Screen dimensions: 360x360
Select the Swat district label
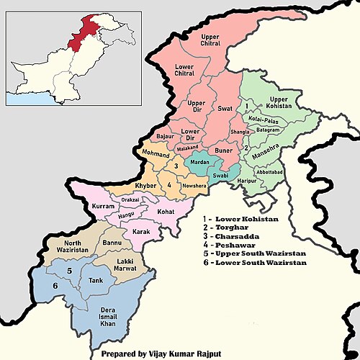(226, 109)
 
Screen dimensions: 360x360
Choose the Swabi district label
(219, 176)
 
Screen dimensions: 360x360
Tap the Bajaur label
(165, 135)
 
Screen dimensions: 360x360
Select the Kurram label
(104, 207)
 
